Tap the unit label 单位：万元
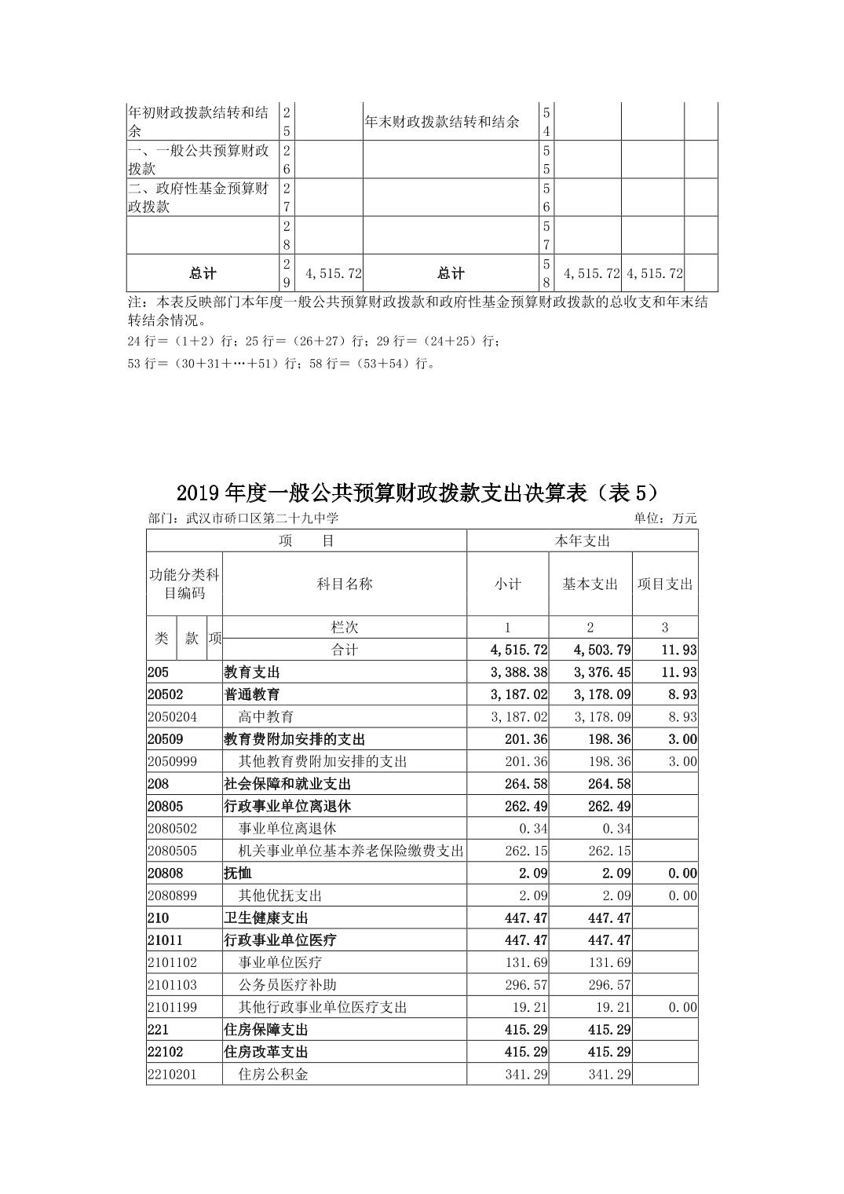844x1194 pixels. point(665,518)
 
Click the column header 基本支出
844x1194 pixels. point(590,584)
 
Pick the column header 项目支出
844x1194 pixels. point(665,584)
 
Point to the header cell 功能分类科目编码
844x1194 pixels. point(185,584)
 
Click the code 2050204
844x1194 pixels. point(172,716)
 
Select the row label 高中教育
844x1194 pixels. point(266,716)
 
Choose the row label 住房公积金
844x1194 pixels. point(273,1074)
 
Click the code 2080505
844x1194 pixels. point(172,851)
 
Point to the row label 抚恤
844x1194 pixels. point(238,873)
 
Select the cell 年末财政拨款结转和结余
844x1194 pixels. point(443,122)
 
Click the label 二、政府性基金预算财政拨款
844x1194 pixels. point(199,197)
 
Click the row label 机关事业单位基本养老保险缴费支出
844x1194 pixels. point(350,851)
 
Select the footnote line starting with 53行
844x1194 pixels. point(280,364)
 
